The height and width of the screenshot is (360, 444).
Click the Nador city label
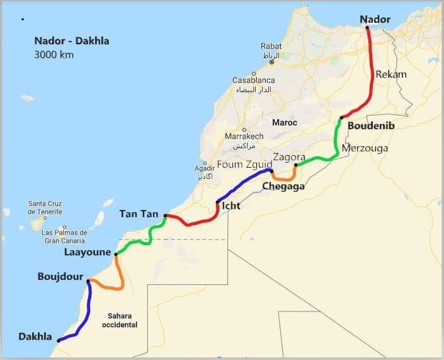375,20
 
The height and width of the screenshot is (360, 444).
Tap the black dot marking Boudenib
341,118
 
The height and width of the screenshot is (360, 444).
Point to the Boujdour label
60,276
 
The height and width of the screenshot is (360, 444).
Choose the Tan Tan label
139,214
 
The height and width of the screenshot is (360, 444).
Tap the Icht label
231,206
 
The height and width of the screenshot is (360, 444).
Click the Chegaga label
283,186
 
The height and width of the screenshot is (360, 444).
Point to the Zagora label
289,157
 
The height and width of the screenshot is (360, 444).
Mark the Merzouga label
365,148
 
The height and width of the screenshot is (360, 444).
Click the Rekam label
391,74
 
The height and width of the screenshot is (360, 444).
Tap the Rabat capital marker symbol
272,62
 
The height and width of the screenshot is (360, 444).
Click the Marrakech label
244,136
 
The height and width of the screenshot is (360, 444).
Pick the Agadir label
205,169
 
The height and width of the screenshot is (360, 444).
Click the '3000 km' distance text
54,55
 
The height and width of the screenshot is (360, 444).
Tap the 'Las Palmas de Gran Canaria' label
65,236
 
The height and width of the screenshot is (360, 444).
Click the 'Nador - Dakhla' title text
72,42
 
